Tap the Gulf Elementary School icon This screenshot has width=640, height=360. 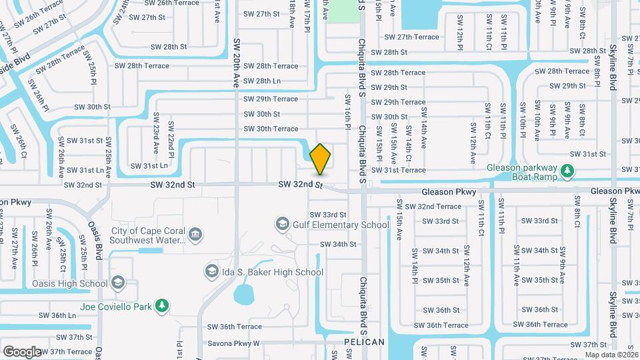(283, 224)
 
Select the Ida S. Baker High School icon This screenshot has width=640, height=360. (212, 271)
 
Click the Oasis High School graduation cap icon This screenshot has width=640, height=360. (117, 283)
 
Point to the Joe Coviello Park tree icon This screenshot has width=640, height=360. (161, 306)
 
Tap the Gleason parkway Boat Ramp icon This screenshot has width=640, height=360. (567, 172)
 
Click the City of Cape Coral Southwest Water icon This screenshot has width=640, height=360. (195, 234)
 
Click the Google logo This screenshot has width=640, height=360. (22, 351)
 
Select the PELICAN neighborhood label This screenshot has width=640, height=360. (365, 342)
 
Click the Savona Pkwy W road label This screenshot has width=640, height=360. (233, 344)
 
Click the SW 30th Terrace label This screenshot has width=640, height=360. (271, 129)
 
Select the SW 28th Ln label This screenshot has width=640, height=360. (262, 81)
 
